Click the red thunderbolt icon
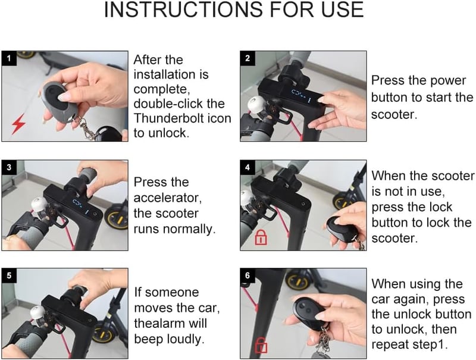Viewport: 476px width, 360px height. tap(18, 124)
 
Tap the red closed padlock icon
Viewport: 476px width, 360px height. tap(261, 237)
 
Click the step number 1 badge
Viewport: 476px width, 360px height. tap(9, 58)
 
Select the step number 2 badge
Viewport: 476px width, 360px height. tap(248, 58)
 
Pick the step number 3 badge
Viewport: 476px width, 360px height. tap(9, 167)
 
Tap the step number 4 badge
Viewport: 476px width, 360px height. tap(248, 167)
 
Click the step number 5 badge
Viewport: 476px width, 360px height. tap(9, 276)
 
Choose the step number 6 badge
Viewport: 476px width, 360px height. tap(248, 276)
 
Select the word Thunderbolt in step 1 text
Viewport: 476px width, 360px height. tap(168, 118)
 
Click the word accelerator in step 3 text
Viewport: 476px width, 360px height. tap(168, 198)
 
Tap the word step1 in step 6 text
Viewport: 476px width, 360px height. tap(430, 345)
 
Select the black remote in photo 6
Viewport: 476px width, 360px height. tap(309, 312)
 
